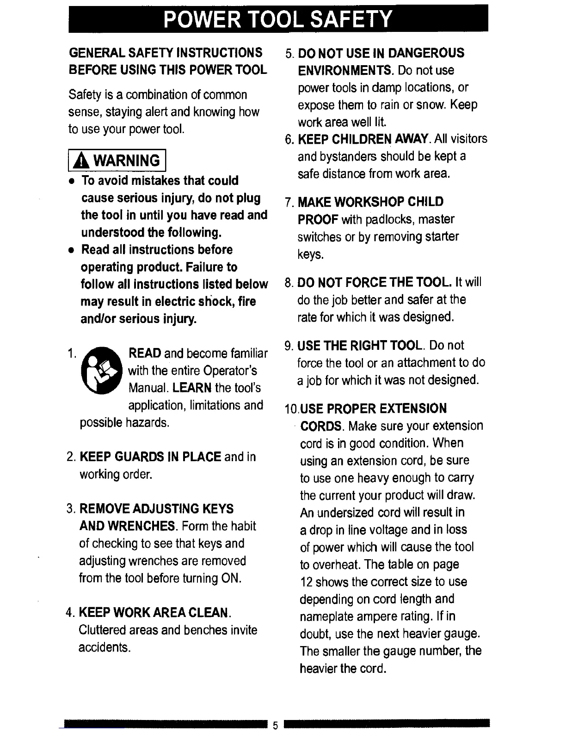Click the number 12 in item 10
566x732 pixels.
pyautogui.click(x=307, y=582)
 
